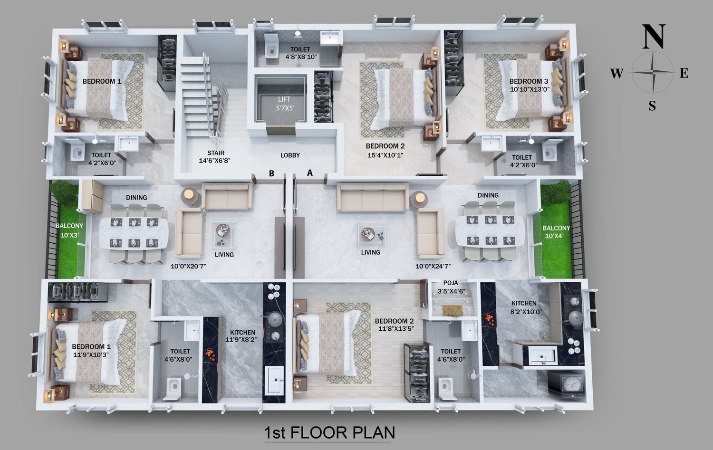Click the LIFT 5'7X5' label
[285, 104]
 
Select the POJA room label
[451, 283]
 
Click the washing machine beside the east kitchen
[567, 383]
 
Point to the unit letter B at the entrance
[271, 173]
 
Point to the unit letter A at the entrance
[310, 173]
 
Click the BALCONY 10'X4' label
[556, 232]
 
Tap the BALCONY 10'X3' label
[69, 230]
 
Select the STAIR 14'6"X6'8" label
[215, 157]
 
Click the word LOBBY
[290, 155]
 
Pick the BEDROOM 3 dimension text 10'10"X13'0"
[530, 89]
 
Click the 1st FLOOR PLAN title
[329, 433]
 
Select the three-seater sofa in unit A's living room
[373, 197]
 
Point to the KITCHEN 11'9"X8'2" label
[241, 336]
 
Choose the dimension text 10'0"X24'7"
[433, 266]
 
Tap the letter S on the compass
[652, 105]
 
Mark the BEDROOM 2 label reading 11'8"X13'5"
[395, 325]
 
